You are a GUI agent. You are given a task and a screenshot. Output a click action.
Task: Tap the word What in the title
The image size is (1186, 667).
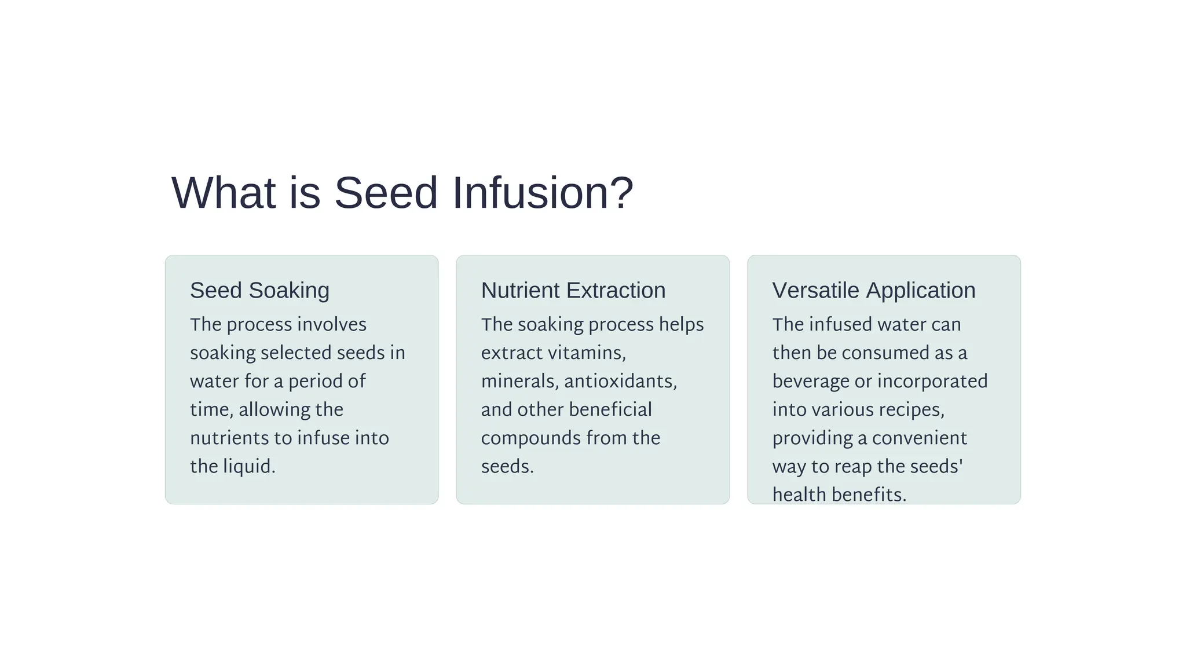(x=223, y=193)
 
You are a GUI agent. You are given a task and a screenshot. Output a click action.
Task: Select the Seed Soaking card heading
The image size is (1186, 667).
(x=259, y=290)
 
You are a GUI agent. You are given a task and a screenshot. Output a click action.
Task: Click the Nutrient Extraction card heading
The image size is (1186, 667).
(x=573, y=290)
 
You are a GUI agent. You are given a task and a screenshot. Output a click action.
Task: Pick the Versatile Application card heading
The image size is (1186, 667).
(x=873, y=290)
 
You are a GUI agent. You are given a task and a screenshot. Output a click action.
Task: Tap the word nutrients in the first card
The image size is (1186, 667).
(x=229, y=438)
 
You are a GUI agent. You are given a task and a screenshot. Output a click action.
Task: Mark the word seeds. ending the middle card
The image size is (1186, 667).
(x=507, y=466)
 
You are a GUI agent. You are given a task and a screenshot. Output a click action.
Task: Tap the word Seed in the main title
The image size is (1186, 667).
(x=386, y=193)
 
